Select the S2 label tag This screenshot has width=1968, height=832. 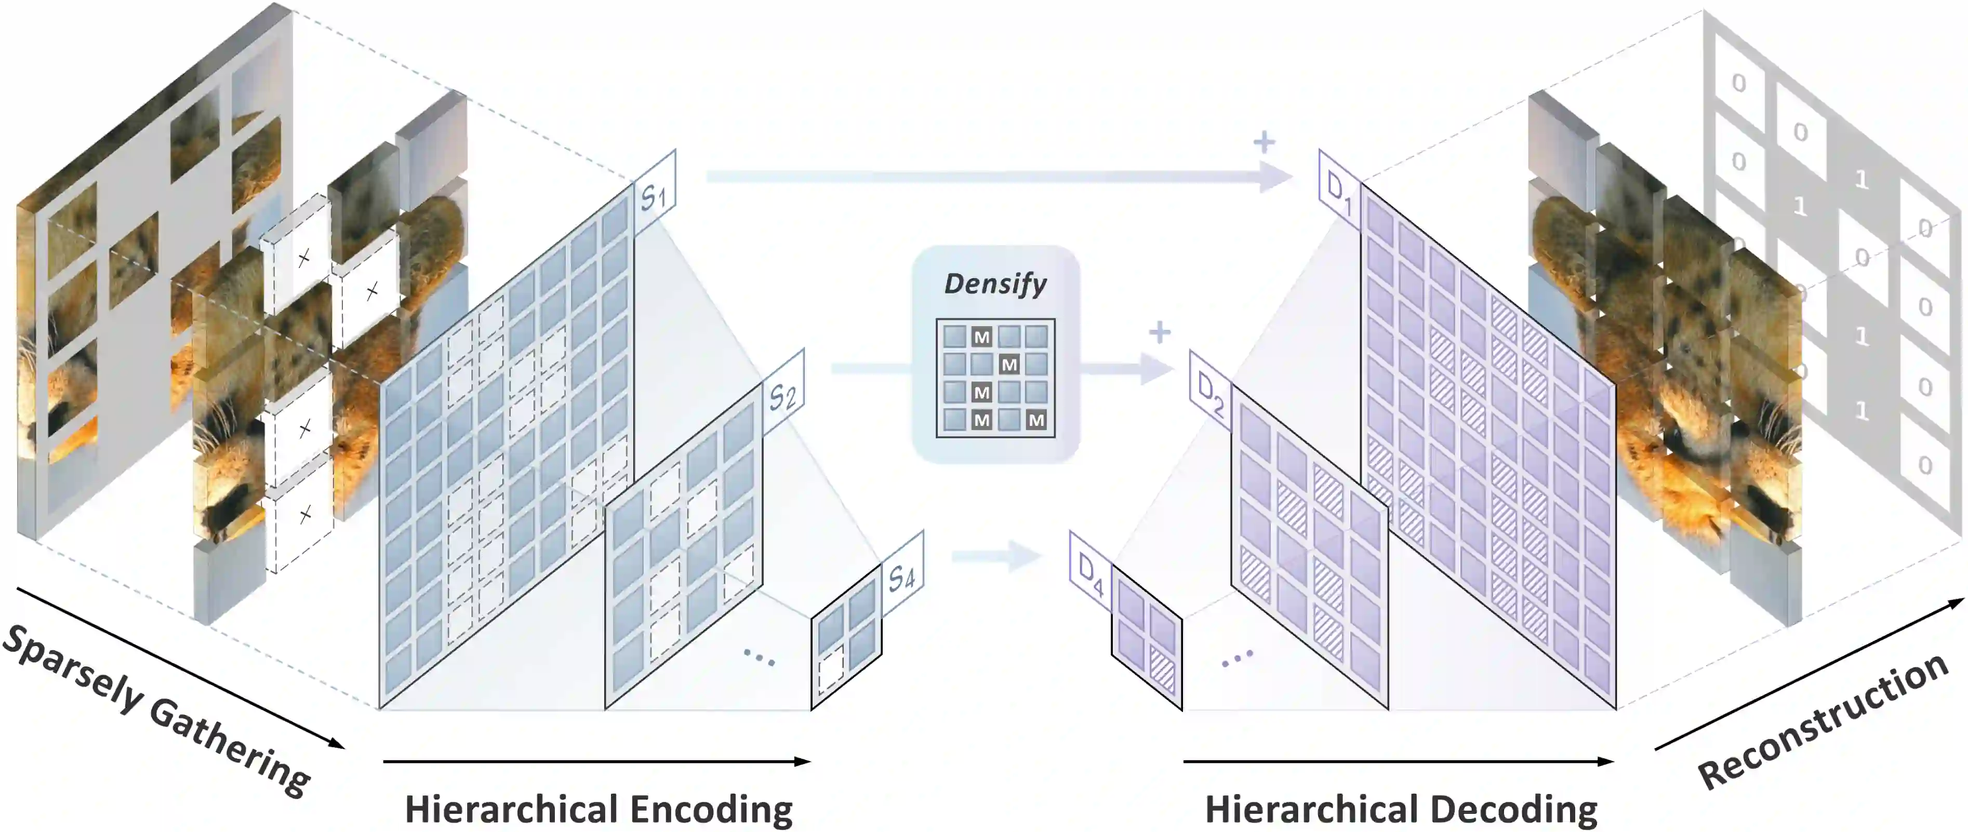[x=782, y=396]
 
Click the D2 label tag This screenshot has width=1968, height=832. [x=1210, y=394]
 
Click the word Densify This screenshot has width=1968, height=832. [x=995, y=284]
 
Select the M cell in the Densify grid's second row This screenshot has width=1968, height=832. [x=1009, y=365]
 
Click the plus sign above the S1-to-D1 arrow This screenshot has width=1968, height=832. [x=1265, y=142]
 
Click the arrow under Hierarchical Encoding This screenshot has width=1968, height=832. [x=596, y=761]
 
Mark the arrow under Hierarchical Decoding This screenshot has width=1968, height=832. [x=1398, y=761]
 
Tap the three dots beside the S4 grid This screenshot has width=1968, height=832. [x=759, y=657]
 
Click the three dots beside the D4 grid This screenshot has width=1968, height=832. [x=1237, y=657]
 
